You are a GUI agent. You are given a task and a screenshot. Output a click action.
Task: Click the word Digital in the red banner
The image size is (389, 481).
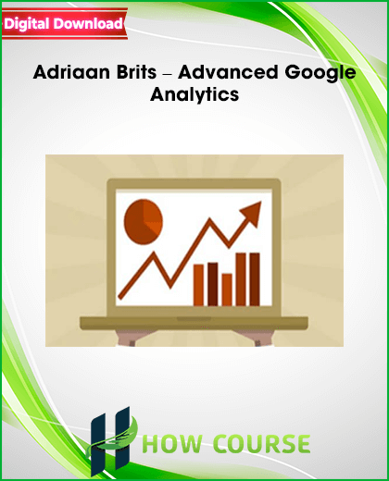coord(27,24)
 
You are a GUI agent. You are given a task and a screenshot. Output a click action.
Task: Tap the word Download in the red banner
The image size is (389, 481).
coord(88,23)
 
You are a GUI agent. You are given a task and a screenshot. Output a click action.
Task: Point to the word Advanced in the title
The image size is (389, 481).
coord(228,72)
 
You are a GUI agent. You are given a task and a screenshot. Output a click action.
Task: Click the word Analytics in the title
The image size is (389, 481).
coord(194,95)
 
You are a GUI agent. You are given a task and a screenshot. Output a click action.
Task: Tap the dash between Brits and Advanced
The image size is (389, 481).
coord(168,74)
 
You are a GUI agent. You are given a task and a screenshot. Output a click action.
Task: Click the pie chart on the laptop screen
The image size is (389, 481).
coord(144,222)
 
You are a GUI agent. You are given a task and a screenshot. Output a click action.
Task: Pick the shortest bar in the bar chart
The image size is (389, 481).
coord(227,290)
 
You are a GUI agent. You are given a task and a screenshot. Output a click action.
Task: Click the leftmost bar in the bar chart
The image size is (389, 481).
coord(198,285)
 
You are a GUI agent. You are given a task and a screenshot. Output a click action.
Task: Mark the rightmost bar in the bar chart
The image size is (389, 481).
coord(255,279)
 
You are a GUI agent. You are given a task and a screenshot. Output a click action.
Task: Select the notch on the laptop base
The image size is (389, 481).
coord(194,318)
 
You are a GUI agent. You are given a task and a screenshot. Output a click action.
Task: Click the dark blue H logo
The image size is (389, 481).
coord(110,441)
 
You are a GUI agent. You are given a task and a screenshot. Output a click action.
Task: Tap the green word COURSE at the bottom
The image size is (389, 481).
coord(262,444)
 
